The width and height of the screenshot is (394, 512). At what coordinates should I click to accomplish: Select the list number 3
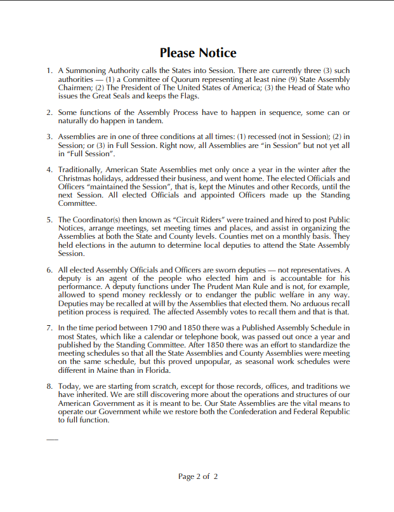tap(49, 137)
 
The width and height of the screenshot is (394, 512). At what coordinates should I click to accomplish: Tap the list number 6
tap(49, 270)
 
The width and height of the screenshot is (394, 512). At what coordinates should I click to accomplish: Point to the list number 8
tap(49, 386)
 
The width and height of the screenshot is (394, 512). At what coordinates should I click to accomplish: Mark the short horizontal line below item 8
tap(52, 439)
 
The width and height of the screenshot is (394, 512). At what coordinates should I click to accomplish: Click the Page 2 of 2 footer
tap(198, 476)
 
